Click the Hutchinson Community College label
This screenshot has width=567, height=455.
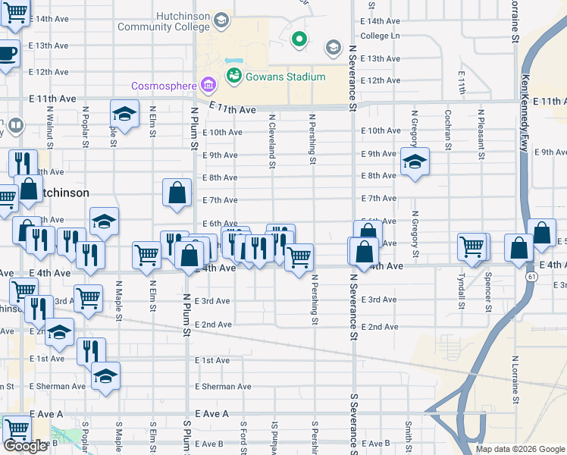[163, 21]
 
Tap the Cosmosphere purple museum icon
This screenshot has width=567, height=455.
[206, 84]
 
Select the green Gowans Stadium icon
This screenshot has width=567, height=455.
[233, 77]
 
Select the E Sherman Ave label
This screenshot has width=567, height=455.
[223, 387]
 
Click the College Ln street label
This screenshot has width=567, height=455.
[380, 36]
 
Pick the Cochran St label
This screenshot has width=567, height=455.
[448, 127]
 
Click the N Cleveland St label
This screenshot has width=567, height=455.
[271, 140]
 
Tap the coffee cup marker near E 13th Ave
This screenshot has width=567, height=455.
[6, 54]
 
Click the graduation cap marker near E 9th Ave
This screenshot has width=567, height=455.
[415, 162]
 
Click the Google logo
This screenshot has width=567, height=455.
[26, 446]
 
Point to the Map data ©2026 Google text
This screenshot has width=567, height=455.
[519, 449]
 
